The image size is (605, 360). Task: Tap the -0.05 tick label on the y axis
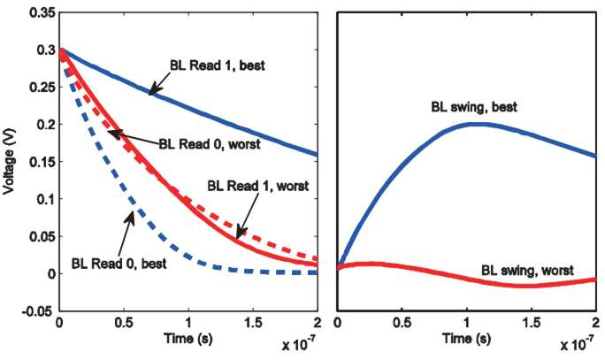click(x=39, y=311)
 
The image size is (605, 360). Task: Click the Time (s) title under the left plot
click(x=188, y=339)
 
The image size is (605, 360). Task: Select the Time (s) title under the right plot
click(x=467, y=339)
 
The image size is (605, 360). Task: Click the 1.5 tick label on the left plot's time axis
click(x=253, y=323)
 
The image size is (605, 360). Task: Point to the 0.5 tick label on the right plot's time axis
click(x=402, y=323)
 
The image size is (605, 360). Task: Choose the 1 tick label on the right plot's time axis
click(x=467, y=323)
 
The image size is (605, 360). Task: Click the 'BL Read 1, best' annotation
click(x=218, y=65)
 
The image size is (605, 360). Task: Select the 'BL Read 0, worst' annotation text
click(x=210, y=144)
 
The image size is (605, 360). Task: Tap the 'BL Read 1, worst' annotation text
click(x=258, y=186)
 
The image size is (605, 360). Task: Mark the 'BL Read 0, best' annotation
click(x=119, y=264)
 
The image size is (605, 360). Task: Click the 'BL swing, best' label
click(x=474, y=107)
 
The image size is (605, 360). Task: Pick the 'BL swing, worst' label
click(x=527, y=270)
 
